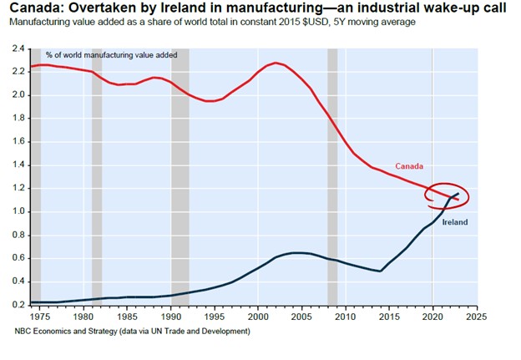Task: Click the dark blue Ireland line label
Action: [453, 222]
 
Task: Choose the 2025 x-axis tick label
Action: [477, 317]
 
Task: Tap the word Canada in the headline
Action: [26, 8]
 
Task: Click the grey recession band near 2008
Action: [332, 175]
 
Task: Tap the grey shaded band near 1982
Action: [97, 175]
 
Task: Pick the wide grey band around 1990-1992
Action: [180, 175]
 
